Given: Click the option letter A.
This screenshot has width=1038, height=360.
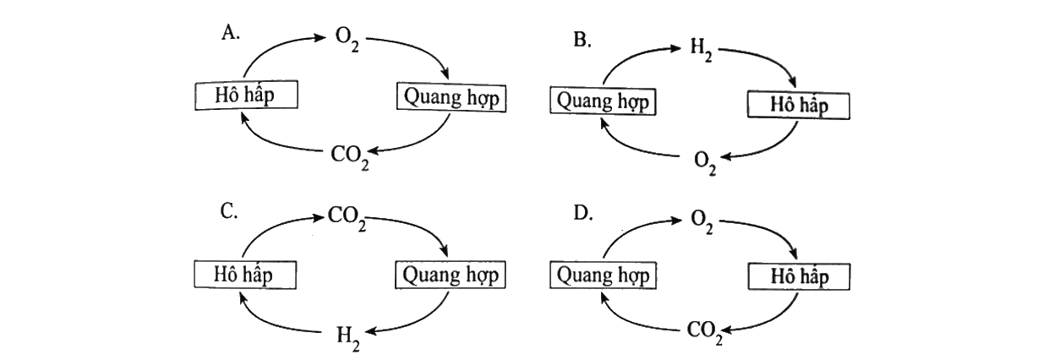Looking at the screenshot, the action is (230, 33).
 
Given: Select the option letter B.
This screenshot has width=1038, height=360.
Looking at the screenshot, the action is (582, 40).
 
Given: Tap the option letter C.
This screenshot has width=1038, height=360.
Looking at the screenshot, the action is (229, 212).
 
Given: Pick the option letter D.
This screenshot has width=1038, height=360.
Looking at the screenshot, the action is (583, 213).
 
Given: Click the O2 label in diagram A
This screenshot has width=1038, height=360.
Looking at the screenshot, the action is (347, 41).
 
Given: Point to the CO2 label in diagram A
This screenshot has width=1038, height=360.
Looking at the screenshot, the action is (350, 158).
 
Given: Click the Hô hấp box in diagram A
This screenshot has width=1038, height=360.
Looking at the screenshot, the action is (246, 95).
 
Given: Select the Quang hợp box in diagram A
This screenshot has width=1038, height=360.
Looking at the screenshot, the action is (451, 97).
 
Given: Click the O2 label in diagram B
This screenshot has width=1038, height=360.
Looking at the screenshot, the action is (705, 164).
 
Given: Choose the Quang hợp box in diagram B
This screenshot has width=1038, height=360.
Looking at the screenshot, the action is (603, 101).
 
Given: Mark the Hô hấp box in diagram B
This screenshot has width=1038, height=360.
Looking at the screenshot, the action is (799, 105).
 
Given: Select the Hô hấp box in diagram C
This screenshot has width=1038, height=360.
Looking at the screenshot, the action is (244, 275).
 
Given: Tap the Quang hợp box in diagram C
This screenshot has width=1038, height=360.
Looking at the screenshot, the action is (451, 275).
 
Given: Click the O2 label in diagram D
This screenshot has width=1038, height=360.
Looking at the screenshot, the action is (702, 222).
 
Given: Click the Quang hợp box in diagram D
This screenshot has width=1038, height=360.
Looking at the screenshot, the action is (603, 275).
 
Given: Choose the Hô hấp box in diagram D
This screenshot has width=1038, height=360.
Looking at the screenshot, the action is (799, 276).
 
